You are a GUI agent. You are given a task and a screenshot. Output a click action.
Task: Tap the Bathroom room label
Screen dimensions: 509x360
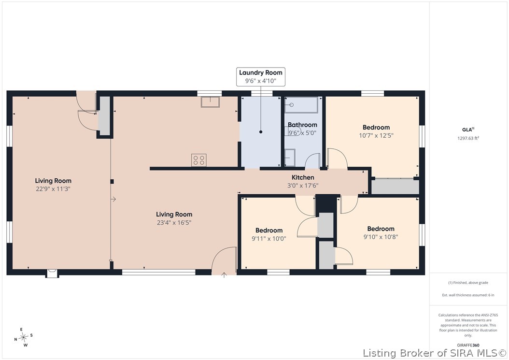tap(302, 125)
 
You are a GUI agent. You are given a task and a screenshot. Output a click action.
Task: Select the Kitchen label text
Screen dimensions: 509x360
tap(303, 177)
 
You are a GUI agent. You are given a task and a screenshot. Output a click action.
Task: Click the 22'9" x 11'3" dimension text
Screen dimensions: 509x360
tap(53, 189)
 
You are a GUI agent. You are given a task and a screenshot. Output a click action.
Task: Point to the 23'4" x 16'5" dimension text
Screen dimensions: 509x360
tap(174, 223)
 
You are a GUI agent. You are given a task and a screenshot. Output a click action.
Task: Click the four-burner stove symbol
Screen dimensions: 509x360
tap(198, 160)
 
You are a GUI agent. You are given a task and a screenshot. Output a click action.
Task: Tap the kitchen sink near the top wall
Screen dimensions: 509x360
tap(210, 101)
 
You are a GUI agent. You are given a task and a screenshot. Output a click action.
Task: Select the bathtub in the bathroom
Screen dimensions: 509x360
tap(301, 105)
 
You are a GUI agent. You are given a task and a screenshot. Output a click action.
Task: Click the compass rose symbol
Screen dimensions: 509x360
tap(23, 337)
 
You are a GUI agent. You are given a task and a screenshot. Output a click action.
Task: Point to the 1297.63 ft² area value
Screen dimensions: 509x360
tap(468, 138)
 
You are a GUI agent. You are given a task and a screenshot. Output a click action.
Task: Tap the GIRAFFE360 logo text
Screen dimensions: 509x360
tap(468, 345)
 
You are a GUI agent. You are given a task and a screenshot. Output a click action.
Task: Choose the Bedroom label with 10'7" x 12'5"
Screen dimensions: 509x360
tap(376, 128)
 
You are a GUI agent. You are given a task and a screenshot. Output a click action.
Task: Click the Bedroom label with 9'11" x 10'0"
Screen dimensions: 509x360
tap(269, 230)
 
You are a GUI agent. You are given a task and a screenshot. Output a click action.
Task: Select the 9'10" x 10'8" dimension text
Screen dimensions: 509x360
tap(381, 237)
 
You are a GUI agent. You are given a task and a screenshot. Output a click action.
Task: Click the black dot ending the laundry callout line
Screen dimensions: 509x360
tap(261, 132)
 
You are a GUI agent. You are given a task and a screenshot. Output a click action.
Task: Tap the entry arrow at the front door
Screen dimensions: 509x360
tap(224, 275)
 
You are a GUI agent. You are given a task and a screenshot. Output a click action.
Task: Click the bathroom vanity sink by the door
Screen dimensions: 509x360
tap(290, 158)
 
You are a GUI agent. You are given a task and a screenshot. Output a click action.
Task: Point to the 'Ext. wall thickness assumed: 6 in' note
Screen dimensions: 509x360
tap(468, 295)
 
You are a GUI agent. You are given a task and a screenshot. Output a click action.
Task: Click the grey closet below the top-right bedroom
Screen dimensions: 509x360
tap(395, 187)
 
